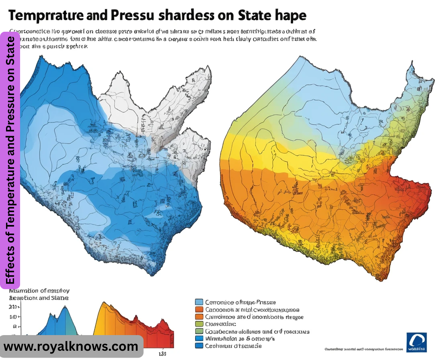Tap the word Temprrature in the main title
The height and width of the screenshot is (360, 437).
click(x=47, y=15)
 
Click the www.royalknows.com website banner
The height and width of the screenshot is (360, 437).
click(x=71, y=346)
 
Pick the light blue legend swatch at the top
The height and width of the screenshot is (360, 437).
click(x=198, y=302)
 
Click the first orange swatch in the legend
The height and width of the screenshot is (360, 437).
click(x=198, y=310)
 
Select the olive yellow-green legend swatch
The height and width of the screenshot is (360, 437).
click(x=198, y=324)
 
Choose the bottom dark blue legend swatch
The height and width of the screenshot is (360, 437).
click(x=198, y=346)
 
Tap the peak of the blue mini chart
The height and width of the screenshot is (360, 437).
click(x=64, y=308)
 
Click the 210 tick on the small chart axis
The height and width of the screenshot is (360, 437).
click(x=13, y=307)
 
